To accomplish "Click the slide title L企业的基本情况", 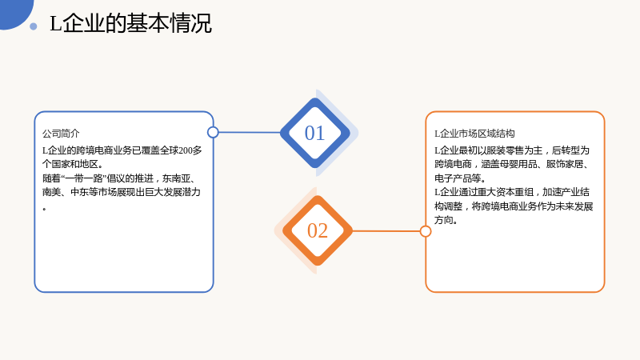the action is coord(130,23).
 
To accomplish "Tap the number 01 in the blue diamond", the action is coord(314,133).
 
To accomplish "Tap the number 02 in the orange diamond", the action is coord(318,230).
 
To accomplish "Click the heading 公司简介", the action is coord(61,134).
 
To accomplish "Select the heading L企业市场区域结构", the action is coord(474,134).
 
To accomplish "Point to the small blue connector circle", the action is coord(213,132).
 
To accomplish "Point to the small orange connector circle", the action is coord(426,231).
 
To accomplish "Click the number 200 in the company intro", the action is coord(186,150).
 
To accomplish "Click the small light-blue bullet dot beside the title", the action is coord(34,26).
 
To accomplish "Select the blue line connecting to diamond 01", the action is coord(250,132).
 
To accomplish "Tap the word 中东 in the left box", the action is coord(79,192).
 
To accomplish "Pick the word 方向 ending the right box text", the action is coord(444,220).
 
